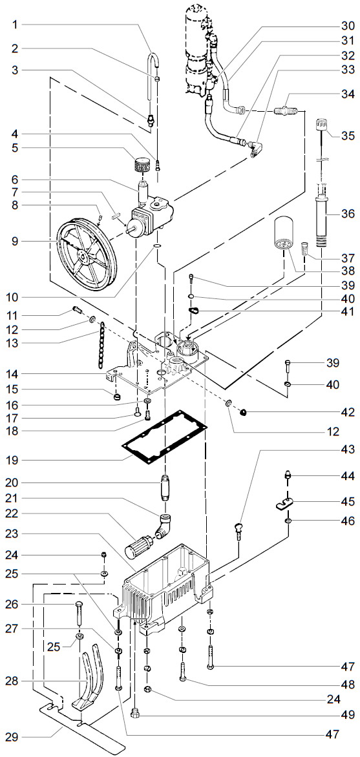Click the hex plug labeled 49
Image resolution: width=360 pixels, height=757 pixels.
(136, 713)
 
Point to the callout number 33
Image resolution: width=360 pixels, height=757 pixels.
(348, 68)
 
